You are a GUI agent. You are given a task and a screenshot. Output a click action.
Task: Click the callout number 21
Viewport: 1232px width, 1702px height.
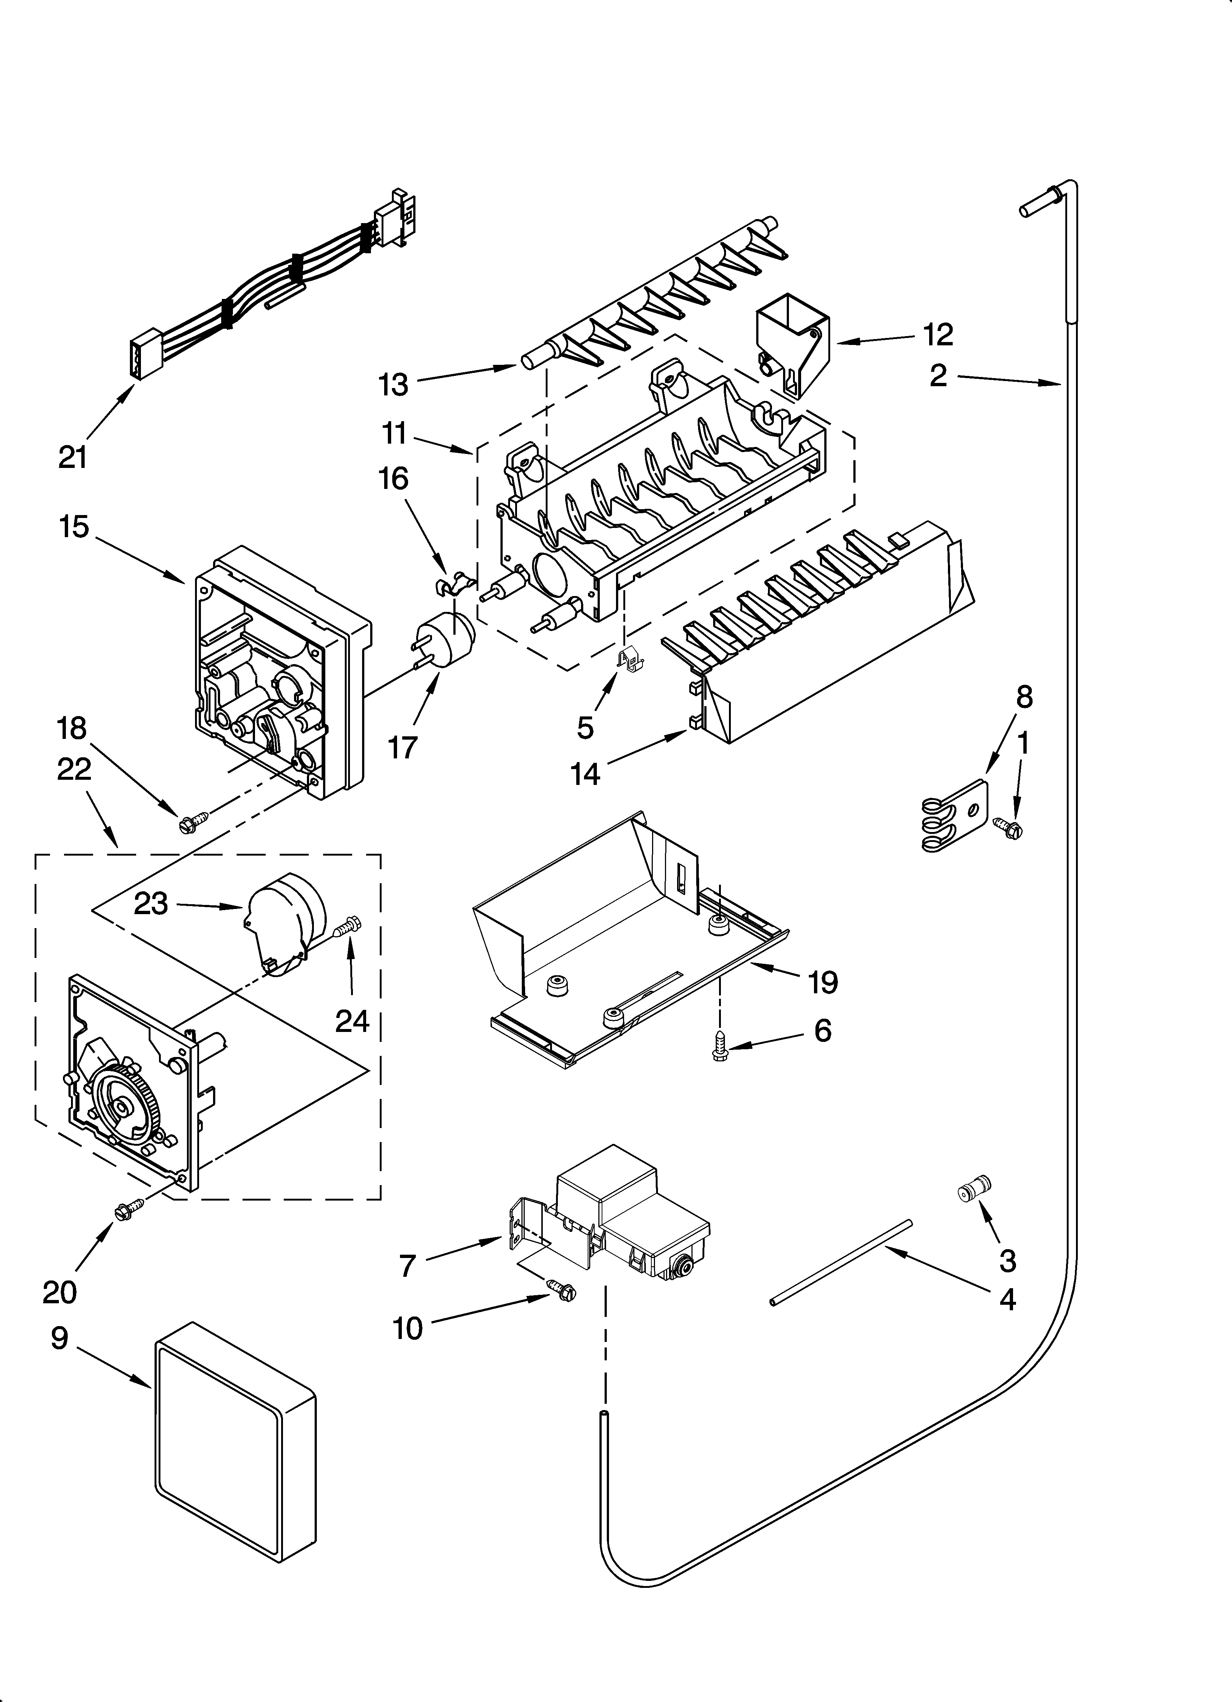73,457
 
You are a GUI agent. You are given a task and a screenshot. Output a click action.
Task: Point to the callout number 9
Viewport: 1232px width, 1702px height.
60,1338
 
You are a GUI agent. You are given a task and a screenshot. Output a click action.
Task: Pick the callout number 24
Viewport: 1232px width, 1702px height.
352,1021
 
